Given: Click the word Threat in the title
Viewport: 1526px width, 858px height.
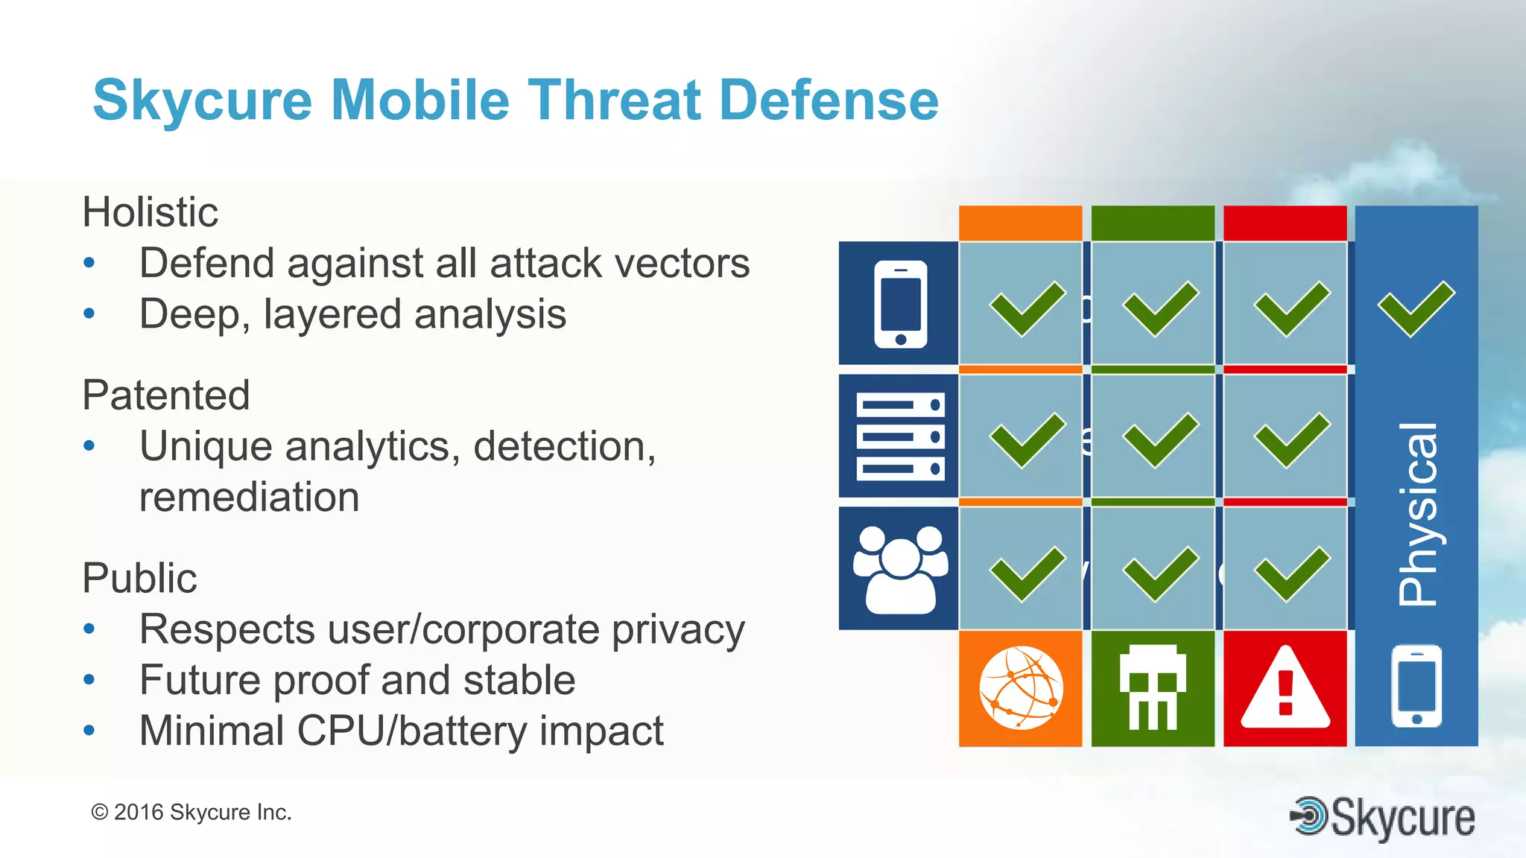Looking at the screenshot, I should (x=615, y=101).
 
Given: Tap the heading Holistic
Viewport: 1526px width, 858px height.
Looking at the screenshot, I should (x=150, y=212).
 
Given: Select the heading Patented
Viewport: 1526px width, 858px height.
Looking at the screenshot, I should (x=165, y=395).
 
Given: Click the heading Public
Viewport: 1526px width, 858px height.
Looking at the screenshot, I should (x=139, y=578).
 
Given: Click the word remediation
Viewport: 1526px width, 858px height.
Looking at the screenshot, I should (x=249, y=497).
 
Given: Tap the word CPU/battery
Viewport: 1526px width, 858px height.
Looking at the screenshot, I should (x=414, y=731).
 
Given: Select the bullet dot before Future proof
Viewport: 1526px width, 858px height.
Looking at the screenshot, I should (x=89, y=680).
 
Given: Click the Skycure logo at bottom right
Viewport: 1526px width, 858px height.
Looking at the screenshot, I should (x=1382, y=818).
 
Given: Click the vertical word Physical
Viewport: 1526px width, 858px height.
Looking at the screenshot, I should (x=1417, y=514).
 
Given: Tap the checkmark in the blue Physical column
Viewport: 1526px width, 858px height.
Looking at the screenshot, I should (x=1416, y=308).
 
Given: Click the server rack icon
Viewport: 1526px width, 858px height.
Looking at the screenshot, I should (x=900, y=436).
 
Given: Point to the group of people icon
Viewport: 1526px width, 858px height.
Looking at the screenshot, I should (x=900, y=570).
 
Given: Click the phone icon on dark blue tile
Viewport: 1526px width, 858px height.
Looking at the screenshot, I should (x=900, y=304).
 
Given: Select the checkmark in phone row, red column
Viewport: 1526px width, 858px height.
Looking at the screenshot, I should (x=1291, y=308).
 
